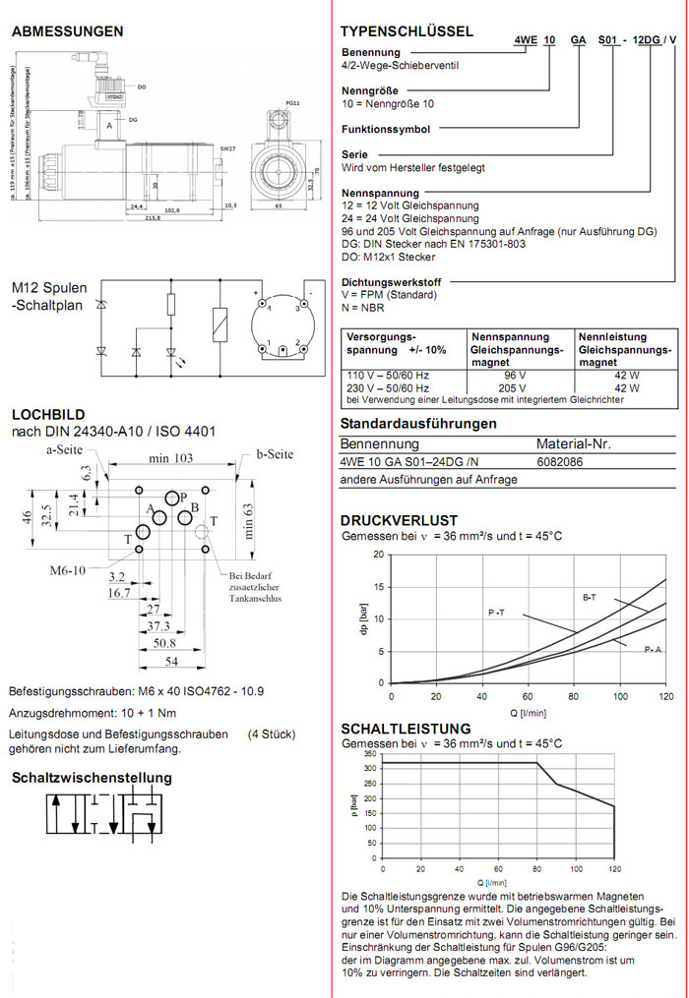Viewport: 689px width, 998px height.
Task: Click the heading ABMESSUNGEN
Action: point(68,31)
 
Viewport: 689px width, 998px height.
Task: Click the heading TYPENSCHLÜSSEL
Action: point(407,31)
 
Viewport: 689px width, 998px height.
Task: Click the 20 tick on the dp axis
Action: point(380,555)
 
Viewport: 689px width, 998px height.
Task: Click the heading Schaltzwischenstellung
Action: point(92,778)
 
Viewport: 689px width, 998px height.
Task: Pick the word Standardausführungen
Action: point(417,424)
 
